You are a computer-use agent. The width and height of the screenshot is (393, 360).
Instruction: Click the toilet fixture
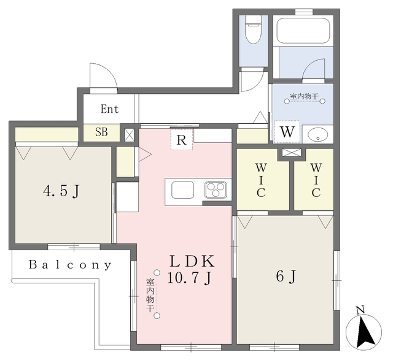[x=253, y=29]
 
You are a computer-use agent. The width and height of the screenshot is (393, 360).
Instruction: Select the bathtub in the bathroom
[x=303, y=31]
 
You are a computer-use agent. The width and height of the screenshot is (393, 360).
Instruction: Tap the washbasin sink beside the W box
[x=317, y=135]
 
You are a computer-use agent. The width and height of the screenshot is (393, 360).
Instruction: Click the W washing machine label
[x=287, y=132]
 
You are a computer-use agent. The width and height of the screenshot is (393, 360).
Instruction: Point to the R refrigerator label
[x=182, y=140]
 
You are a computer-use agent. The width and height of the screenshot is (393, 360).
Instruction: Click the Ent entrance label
[x=109, y=109]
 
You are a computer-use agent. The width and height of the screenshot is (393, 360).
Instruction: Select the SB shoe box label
[x=101, y=132]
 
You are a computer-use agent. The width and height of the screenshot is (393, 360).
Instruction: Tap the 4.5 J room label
[x=61, y=191]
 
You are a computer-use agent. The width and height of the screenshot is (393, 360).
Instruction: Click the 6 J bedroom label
[x=286, y=277]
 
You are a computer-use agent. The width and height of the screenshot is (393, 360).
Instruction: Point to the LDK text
[x=192, y=261]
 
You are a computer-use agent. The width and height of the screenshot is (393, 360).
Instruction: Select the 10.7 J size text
[x=190, y=278]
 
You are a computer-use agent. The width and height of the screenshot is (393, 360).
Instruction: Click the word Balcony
[x=70, y=265]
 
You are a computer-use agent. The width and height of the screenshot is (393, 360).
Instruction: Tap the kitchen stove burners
[x=216, y=190]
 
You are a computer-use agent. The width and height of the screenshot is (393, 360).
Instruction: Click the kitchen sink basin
[x=183, y=190]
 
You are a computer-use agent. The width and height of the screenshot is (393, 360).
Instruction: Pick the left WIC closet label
[x=261, y=180]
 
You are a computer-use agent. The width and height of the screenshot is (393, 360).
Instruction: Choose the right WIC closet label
[x=316, y=180]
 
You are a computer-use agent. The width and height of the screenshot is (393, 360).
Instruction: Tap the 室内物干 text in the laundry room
[x=305, y=96]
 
